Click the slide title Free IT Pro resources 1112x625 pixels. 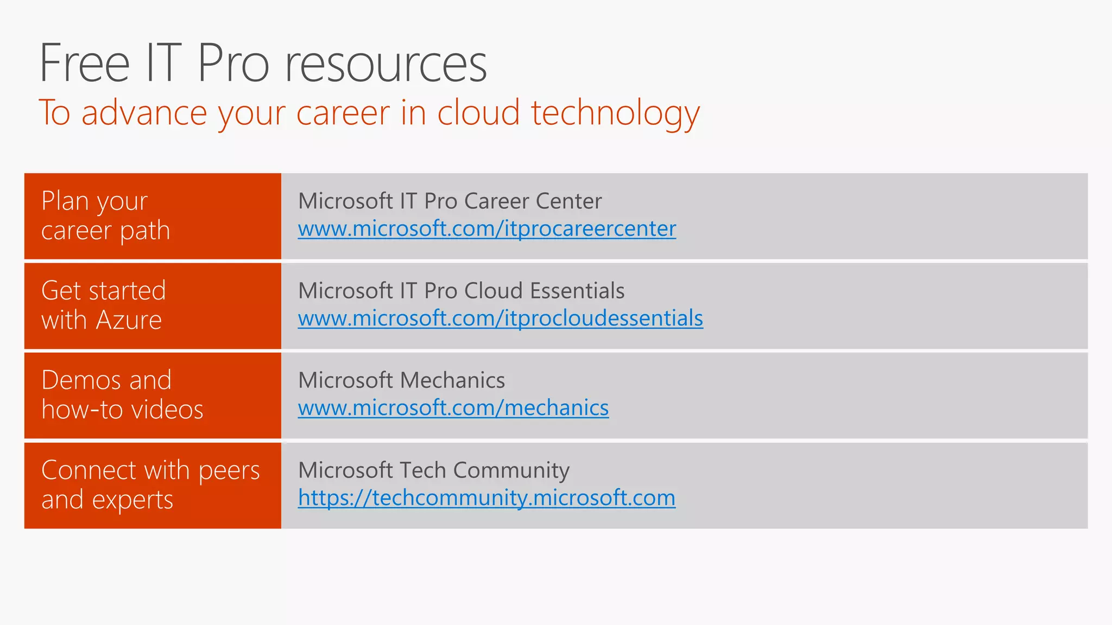(x=263, y=63)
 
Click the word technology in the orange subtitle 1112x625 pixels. (x=615, y=113)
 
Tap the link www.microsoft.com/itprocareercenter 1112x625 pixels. (x=487, y=229)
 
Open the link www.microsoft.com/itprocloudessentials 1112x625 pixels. (x=500, y=318)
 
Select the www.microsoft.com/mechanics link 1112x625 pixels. (x=453, y=408)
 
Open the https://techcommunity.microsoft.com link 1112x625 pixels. (x=486, y=498)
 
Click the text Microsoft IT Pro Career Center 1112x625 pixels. (x=450, y=201)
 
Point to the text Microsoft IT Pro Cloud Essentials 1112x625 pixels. (x=461, y=291)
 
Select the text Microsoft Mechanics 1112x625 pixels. (x=401, y=380)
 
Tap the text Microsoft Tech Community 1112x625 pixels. (x=433, y=470)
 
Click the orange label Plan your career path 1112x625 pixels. (x=105, y=216)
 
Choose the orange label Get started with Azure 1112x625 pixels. (x=103, y=305)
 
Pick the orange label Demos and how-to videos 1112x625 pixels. (x=122, y=395)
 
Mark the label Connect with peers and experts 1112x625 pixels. (x=150, y=485)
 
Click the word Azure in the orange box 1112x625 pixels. (x=129, y=320)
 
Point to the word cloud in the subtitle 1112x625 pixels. (x=478, y=113)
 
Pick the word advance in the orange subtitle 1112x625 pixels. (x=144, y=113)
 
